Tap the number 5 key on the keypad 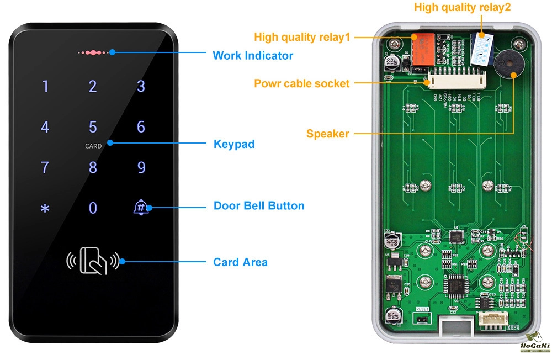93,127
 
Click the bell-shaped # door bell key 141,208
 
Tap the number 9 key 141,167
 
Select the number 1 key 45,86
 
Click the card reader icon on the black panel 93,261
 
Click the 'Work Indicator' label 253,55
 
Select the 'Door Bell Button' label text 259,206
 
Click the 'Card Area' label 240,262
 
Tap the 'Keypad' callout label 233,144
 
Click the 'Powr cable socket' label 301,84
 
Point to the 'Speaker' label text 327,134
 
